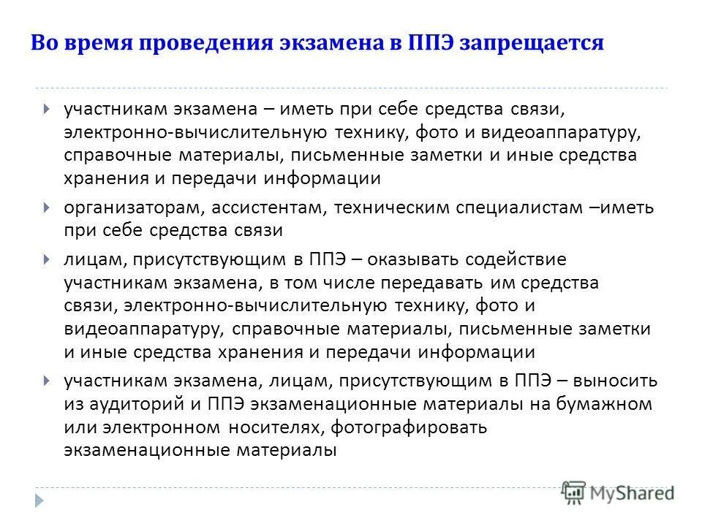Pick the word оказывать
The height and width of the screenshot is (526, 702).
tap(428, 259)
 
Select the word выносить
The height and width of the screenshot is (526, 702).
tap(616, 381)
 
